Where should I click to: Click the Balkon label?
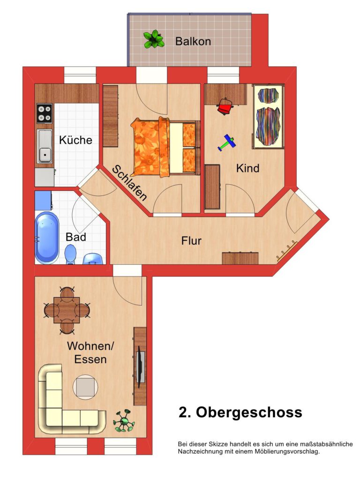[x=193, y=41]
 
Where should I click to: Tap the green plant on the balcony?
[x=154, y=39]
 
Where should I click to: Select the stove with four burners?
[x=45, y=113]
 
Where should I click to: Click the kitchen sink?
[x=45, y=146]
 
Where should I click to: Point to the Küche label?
[x=75, y=140]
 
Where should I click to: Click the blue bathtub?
[x=47, y=238]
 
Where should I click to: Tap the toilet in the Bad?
[x=70, y=255]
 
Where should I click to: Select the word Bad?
[x=75, y=237]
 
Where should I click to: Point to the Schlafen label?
[x=129, y=183]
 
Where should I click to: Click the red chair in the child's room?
[x=225, y=106]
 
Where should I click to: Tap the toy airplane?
[x=226, y=142]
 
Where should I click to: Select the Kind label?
[x=247, y=168]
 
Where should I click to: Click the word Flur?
[x=191, y=240]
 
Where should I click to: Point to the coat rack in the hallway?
[x=287, y=251]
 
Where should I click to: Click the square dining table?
[x=67, y=310]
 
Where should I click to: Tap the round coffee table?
[x=85, y=387]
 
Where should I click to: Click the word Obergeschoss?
[x=249, y=412]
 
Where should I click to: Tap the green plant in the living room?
[x=124, y=421]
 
